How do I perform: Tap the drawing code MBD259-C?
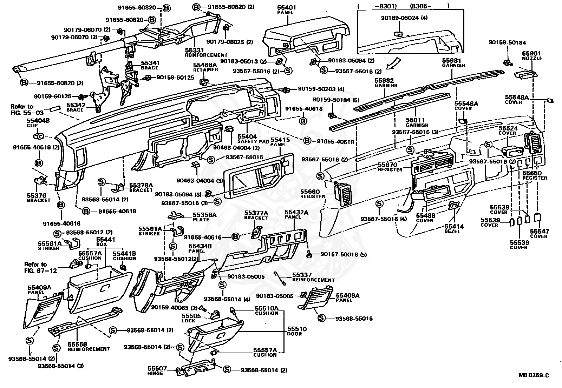534,375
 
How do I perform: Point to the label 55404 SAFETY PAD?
247,136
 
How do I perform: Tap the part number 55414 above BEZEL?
454,227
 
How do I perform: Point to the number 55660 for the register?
310,192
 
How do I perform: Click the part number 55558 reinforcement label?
77,344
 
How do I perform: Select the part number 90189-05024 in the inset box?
399,18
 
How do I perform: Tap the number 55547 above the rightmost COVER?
540,232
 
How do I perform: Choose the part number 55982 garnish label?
384,80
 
